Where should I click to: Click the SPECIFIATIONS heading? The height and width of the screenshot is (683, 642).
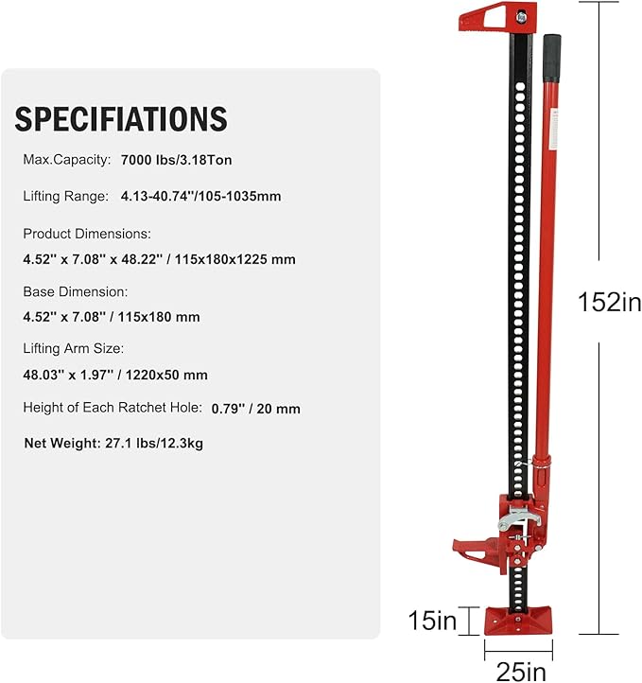pos(121,119)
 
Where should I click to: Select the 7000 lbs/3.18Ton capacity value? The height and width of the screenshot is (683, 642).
pos(177,161)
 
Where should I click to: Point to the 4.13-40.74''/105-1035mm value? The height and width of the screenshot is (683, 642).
pos(200,197)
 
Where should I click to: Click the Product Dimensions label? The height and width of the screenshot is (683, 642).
pos(87,234)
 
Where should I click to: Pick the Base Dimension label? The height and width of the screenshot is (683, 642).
pos(75,292)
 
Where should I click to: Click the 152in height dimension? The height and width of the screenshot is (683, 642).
pos(610,302)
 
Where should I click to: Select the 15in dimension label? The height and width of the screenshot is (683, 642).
pos(433,622)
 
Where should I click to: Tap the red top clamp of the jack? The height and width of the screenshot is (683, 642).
pos(495,19)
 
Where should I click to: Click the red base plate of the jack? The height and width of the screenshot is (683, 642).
pos(519,621)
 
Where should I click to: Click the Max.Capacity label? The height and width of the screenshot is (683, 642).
pos(66,161)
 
